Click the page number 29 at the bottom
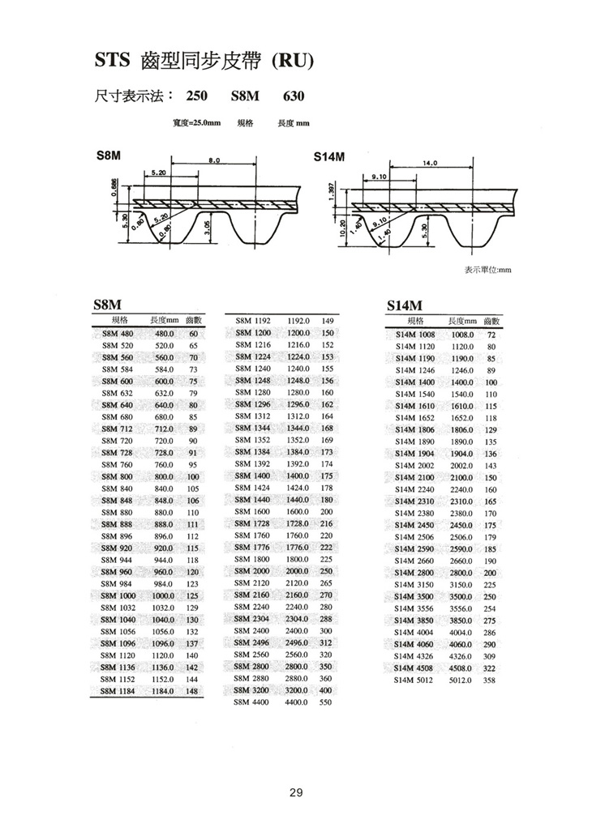point(295,792)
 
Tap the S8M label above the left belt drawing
point(105,154)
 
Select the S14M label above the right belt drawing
point(331,154)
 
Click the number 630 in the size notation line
point(294,96)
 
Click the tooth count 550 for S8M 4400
point(326,703)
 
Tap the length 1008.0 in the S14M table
point(462,334)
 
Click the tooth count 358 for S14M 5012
point(488,681)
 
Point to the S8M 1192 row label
point(251,321)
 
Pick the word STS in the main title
point(113,60)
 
